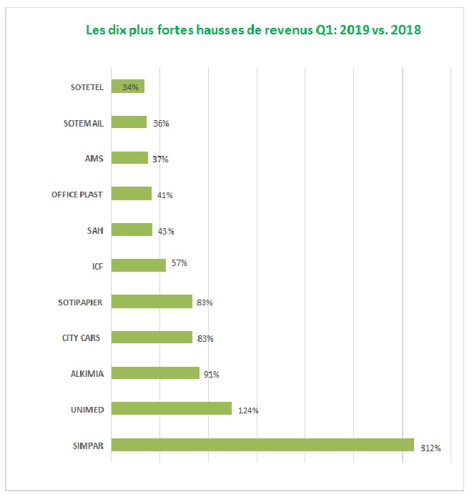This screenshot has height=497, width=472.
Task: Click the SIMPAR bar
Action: [x=262, y=445]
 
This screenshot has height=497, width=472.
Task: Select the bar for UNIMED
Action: [x=172, y=408]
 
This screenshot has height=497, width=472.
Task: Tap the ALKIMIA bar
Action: [x=155, y=373]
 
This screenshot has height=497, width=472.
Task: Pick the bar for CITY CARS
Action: [x=152, y=337]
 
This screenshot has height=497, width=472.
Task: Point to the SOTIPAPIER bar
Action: [x=152, y=301]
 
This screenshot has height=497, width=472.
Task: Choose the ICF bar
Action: [x=139, y=265]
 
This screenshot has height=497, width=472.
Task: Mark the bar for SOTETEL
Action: [x=128, y=87]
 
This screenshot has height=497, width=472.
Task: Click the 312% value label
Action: [x=431, y=449]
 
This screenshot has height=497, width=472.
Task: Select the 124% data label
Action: [x=248, y=410]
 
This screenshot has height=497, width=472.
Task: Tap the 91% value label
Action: [x=211, y=374]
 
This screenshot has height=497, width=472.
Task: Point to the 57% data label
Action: [x=179, y=263]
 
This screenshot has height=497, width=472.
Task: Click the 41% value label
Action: [x=165, y=195]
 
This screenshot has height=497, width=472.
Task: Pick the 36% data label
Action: [x=161, y=123]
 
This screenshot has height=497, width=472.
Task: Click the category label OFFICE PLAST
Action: [x=77, y=195]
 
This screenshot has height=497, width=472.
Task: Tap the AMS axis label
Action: [x=94, y=159]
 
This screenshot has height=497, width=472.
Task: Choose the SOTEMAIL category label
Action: [x=84, y=123]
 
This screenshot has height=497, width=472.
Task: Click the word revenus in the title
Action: [x=279, y=31]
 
